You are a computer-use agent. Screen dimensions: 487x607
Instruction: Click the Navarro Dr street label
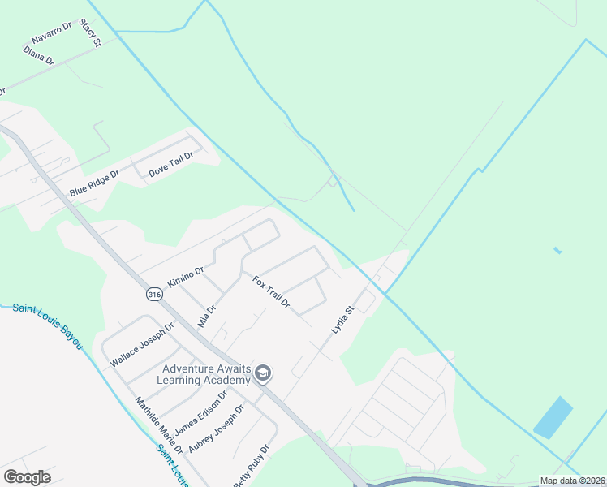52,33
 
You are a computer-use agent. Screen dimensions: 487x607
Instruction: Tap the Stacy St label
89,34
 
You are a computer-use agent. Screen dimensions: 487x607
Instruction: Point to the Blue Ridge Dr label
94,182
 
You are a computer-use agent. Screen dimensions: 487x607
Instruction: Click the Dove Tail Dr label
171,164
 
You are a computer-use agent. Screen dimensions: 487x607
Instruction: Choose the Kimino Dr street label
185,276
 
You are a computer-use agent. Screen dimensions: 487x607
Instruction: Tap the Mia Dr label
208,314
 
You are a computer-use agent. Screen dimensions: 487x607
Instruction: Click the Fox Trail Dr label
272,292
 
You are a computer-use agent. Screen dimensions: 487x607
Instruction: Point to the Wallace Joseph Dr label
142,345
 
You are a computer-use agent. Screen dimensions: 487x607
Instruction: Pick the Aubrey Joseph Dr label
216,429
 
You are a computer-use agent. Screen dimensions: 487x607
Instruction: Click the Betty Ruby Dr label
251,468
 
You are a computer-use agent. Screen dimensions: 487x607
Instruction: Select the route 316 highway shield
153,295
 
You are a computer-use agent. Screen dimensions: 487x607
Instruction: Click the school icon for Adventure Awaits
262,373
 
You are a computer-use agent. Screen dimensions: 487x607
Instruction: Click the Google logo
27,477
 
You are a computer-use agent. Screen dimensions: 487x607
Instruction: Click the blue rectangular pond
553,418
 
